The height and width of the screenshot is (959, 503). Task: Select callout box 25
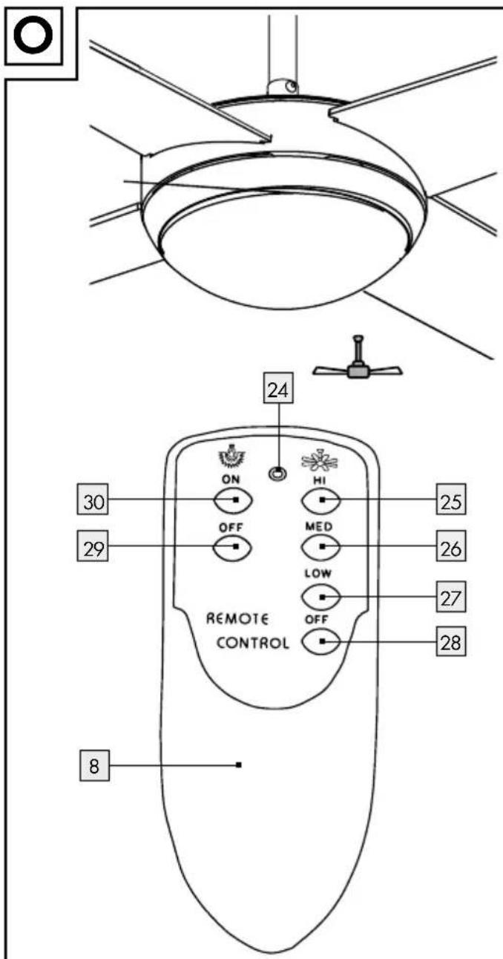(x=451, y=500)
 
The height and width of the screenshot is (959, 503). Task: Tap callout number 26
(x=451, y=547)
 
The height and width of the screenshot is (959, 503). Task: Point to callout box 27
(x=451, y=596)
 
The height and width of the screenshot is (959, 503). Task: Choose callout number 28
(x=451, y=642)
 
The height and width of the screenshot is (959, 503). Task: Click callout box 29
(x=93, y=546)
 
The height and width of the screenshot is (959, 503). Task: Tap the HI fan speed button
(x=320, y=500)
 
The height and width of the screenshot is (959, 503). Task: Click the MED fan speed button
(x=320, y=547)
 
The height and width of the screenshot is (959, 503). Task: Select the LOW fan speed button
(x=320, y=596)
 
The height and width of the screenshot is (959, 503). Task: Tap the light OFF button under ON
(x=233, y=547)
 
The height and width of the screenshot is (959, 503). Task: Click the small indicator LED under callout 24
(x=277, y=474)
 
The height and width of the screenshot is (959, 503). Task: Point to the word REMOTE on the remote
(x=237, y=619)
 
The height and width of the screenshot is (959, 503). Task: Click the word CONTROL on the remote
(x=252, y=643)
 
